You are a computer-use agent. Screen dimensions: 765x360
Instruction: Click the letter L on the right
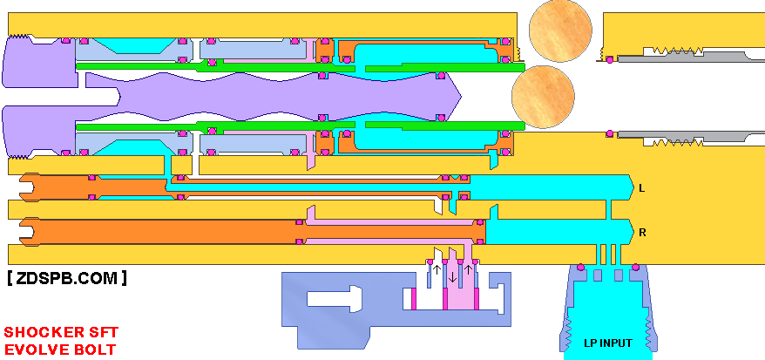coord(642,187)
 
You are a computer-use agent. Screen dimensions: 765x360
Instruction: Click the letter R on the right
coord(642,233)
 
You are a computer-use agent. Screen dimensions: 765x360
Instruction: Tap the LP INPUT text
coord(608,343)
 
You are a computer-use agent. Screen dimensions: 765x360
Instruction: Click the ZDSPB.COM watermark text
coord(67,278)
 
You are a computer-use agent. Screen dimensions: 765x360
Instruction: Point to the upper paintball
coord(560,31)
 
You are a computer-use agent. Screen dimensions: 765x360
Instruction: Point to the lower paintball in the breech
coord(543,97)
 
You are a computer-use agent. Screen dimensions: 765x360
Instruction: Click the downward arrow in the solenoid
coord(453,277)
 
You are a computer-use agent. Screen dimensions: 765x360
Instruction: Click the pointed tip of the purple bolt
coord(461,97)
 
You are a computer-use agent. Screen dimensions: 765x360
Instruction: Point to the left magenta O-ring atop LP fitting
coord(580,267)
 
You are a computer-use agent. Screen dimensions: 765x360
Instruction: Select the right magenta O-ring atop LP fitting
coord(636,267)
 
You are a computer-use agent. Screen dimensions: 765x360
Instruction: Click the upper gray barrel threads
coord(673,51)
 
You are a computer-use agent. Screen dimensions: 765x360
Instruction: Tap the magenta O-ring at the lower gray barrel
coord(609,133)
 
